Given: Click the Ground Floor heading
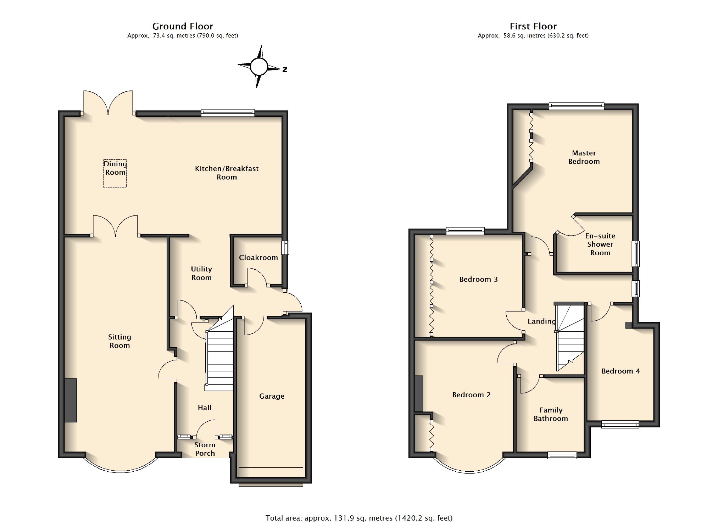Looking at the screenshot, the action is click(x=183, y=26).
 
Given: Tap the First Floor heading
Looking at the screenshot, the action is click(x=533, y=26).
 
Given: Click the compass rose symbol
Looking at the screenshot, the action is click(x=259, y=66).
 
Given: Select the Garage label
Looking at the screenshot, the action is click(x=272, y=396).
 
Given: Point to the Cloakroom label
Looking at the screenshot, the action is click(x=258, y=258).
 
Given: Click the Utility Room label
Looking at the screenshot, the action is click(x=201, y=273).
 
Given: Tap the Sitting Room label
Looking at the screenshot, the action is click(x=119, y=341).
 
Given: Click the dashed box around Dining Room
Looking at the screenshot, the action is click(x=103, y=173).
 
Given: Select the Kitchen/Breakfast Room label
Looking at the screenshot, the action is click(x=227, y=173).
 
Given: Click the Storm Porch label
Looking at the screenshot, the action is click(x=205, y=449).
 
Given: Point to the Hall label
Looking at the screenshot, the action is click(x=205, y=408).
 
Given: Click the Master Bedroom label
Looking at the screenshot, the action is click(x=584, y=157).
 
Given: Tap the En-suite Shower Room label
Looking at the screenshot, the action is click(x=600, y=244).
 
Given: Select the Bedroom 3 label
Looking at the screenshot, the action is click(x=479, y=279).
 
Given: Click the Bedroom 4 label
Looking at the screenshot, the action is click(x=620, y=371).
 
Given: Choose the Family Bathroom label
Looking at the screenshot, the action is click(x=551, y=414).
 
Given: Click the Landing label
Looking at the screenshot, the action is click(x=541, y=321).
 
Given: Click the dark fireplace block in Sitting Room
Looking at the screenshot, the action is click(x=71, y=400).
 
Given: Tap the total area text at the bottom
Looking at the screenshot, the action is click(x=359, y=518).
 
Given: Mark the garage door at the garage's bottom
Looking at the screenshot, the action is click(x=271, y=477).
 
